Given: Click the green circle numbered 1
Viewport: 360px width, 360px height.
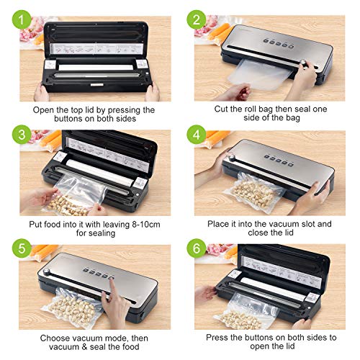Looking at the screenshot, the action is coord(22,19).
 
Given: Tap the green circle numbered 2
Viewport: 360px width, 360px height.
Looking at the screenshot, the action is coord(197,19).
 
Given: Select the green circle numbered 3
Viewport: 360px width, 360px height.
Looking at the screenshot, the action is coord(22,135).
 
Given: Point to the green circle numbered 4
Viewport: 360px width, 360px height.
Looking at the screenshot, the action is coord(197,135).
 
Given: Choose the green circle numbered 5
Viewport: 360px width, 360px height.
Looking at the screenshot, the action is coord(22,248).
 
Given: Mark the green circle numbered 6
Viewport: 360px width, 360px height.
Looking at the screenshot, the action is coord(197,248).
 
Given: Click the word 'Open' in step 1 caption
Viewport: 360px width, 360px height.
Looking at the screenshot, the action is coord(44,110).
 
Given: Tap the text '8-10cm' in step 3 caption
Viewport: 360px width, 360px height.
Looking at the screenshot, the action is coord(146,224).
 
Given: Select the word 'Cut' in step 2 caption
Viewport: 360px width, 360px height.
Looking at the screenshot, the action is coord(221,109).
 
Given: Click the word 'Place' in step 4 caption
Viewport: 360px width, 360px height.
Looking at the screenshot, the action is coord(218,224).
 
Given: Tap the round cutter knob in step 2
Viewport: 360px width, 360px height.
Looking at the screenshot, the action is coord(305,63).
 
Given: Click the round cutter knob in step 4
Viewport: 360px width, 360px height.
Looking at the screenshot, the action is coord(232,158).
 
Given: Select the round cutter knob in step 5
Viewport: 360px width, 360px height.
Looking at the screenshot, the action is coord(46,271).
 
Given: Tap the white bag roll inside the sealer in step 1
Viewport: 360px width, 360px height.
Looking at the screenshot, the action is coord(96,68).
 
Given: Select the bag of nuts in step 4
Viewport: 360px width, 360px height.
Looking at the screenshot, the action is coord(254,192).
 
